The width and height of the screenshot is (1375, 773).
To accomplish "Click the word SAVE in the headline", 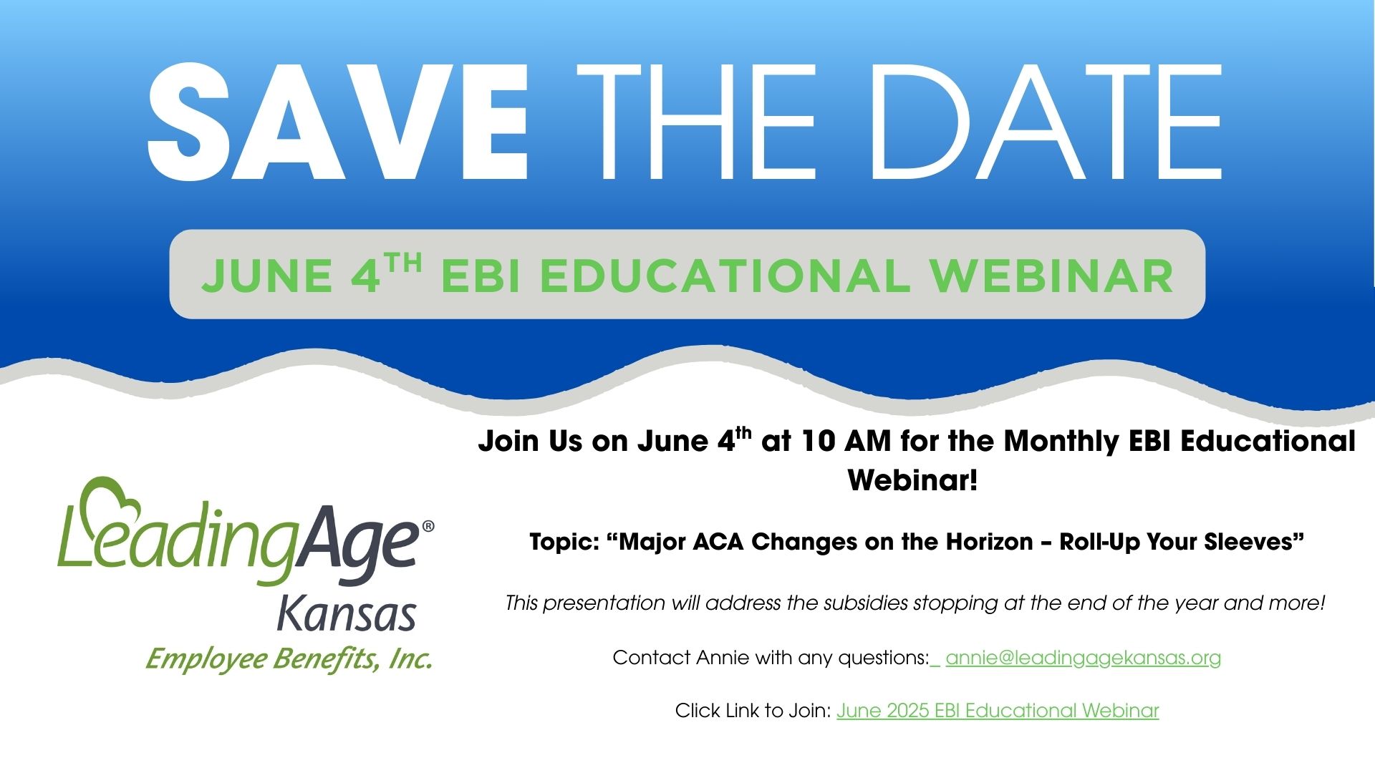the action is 337,122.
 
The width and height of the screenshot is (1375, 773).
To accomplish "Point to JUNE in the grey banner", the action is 267,276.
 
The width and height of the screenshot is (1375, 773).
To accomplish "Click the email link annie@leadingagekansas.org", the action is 1083,658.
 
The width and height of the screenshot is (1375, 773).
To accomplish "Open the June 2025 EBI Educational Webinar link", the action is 998,711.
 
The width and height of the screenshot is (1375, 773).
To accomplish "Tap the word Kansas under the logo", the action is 347,613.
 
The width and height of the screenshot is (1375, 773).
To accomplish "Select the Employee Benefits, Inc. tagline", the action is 289,658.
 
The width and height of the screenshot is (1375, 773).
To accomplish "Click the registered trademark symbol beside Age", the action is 428,526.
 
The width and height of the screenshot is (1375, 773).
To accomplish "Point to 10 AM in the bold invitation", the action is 846,442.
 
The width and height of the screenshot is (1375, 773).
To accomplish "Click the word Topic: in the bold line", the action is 564,542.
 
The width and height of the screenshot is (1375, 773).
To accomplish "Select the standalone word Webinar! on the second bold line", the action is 912,480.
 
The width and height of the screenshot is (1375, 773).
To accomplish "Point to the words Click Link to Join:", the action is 753,711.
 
